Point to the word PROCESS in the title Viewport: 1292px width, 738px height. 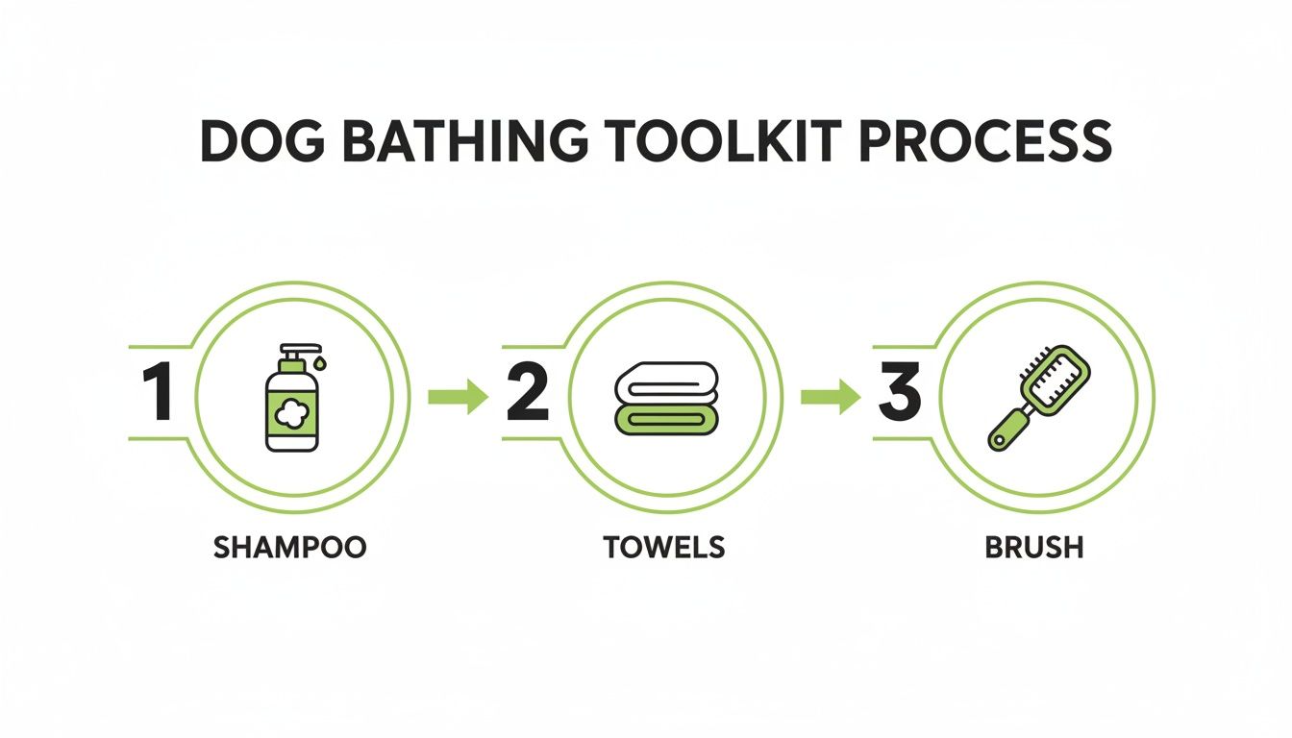[982, 142]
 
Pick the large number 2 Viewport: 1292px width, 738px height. [527, 395]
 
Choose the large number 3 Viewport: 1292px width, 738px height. [899, 395]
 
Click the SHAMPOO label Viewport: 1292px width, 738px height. [289, 548]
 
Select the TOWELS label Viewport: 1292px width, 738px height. [663, 548]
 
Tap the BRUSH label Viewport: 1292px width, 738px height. [1034, 548]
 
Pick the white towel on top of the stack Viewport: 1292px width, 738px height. [665, 381]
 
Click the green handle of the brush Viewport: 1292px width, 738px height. [1009, 427]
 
